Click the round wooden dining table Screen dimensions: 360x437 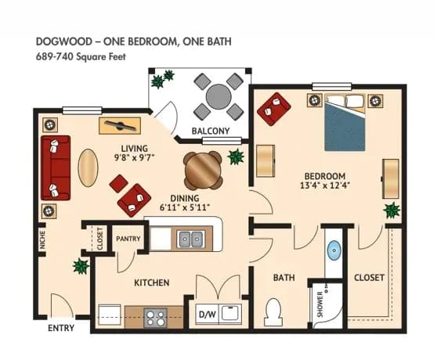click(203, 167)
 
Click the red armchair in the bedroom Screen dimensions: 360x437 click(274, 108)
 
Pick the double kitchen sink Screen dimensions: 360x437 click(187, 238)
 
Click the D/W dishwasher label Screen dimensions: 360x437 click(207, 315)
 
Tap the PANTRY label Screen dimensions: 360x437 click(128, 238)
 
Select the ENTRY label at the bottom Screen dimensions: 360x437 click(60, 327)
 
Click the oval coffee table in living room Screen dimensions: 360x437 click(86, 166)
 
